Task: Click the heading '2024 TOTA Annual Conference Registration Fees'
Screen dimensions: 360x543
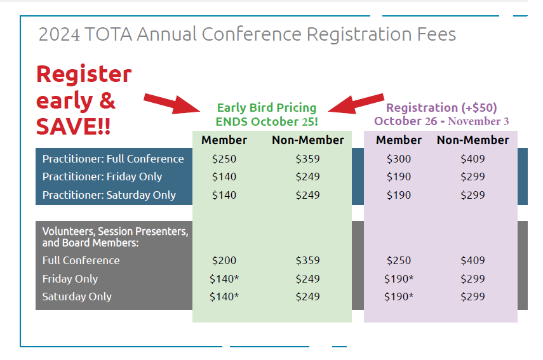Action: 247,34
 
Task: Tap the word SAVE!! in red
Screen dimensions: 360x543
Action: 73,126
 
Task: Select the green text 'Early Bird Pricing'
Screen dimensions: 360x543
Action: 266,108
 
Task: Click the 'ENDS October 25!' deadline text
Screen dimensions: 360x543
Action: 266,121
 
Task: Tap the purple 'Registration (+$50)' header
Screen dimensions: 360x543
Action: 441,108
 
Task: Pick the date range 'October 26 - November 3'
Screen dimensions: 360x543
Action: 441,121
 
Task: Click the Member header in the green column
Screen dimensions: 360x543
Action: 224,140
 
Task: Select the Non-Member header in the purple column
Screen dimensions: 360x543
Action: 473,140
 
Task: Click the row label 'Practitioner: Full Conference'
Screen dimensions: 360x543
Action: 113,159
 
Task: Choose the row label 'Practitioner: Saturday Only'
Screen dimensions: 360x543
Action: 109,195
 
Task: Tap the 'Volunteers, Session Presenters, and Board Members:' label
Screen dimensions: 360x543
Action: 115,237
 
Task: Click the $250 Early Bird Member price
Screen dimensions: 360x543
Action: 224,159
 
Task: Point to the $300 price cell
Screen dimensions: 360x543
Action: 399,159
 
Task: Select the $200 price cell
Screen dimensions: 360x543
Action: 224,260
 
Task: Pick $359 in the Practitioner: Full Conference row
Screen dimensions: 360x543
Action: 307,159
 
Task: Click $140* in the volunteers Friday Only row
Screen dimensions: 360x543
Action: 224,279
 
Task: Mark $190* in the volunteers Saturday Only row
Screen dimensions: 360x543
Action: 399,297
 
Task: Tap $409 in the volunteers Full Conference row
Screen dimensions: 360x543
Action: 473,260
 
